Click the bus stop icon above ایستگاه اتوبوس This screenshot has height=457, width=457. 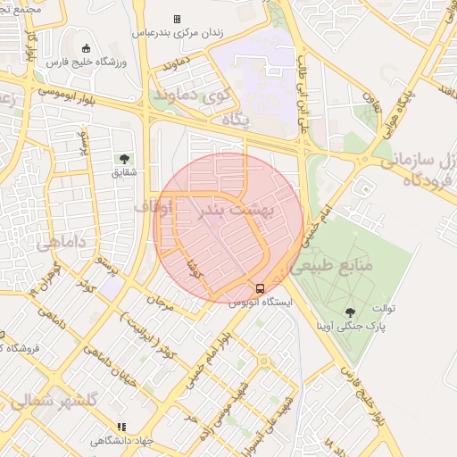point(260,288)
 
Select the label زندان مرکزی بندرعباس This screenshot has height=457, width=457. point(177,32)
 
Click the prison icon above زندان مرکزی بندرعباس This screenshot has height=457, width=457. point(177,19)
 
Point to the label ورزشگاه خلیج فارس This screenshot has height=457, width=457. point(87,62)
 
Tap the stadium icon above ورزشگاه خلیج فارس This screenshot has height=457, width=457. point(86,48)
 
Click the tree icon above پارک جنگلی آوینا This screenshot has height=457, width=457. point(350,312)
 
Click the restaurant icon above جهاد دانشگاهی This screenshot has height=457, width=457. point(122,428)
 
